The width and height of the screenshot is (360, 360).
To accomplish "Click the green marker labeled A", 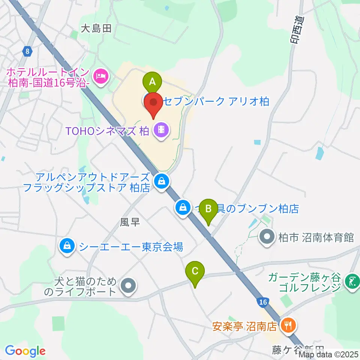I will [x=152, y=82].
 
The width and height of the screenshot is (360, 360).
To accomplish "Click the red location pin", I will [x=153, y=104].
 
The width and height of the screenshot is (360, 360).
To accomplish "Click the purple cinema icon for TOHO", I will [x=161, y=130].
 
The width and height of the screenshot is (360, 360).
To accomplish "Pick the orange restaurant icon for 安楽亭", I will [x=288, y=325].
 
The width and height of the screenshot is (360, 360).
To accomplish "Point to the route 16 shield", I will [x=264, y=301].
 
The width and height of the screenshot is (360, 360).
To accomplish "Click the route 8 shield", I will [x=27, y=51].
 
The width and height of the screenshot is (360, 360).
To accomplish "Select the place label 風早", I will [x=130, y=222].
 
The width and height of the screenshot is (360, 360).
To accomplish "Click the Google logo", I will [x=25, y=351].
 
